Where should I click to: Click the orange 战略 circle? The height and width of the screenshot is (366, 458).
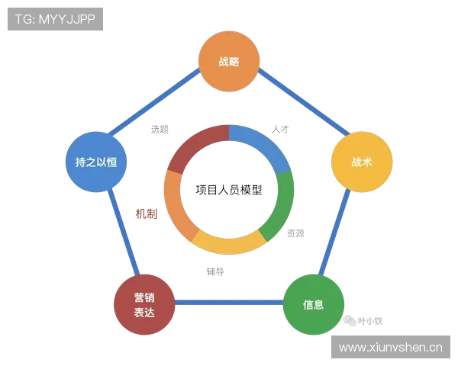[229, 61]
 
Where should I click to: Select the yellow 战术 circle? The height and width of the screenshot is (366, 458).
[362, 162]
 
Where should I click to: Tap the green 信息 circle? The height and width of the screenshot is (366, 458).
[314, 304]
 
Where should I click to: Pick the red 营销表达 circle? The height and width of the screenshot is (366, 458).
[144, 304]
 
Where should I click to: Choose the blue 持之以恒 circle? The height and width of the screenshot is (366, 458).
[96, 162]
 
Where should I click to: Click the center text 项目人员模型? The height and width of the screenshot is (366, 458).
[229, 190]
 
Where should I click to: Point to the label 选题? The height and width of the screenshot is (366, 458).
[160, 129]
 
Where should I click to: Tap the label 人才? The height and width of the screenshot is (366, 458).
[280, 129]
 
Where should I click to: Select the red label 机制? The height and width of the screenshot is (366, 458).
[147, 214]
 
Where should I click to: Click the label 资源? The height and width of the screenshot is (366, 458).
[295, 233]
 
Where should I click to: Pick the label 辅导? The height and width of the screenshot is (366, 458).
[215, 271]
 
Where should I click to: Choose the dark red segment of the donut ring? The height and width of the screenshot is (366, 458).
[195, 144]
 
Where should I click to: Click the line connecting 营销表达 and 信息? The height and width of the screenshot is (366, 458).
[229, 302]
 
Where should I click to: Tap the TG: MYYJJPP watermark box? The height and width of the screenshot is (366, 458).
[55, 19]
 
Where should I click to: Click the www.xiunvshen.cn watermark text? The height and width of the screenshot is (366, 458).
[391, 348]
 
